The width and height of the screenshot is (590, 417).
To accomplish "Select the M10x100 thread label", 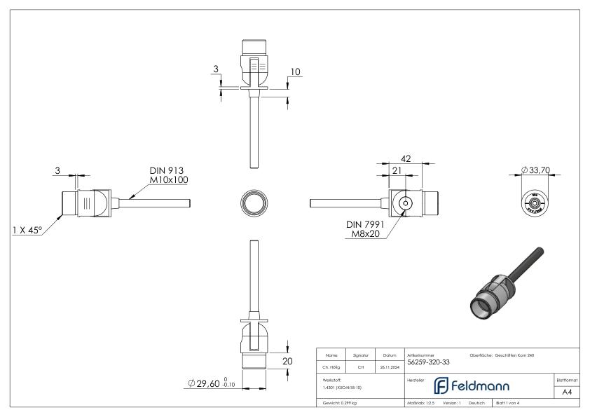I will [x=168, y=180].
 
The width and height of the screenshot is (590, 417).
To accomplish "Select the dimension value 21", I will [x=396, y=170].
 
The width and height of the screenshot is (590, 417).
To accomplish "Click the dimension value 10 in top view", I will [x=295, y=72].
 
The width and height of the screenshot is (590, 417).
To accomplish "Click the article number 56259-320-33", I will [x=429, y=363].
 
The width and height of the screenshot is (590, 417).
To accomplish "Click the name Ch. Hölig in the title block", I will [x=332, y=364].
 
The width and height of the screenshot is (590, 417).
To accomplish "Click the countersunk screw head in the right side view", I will [x=405, y=203].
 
